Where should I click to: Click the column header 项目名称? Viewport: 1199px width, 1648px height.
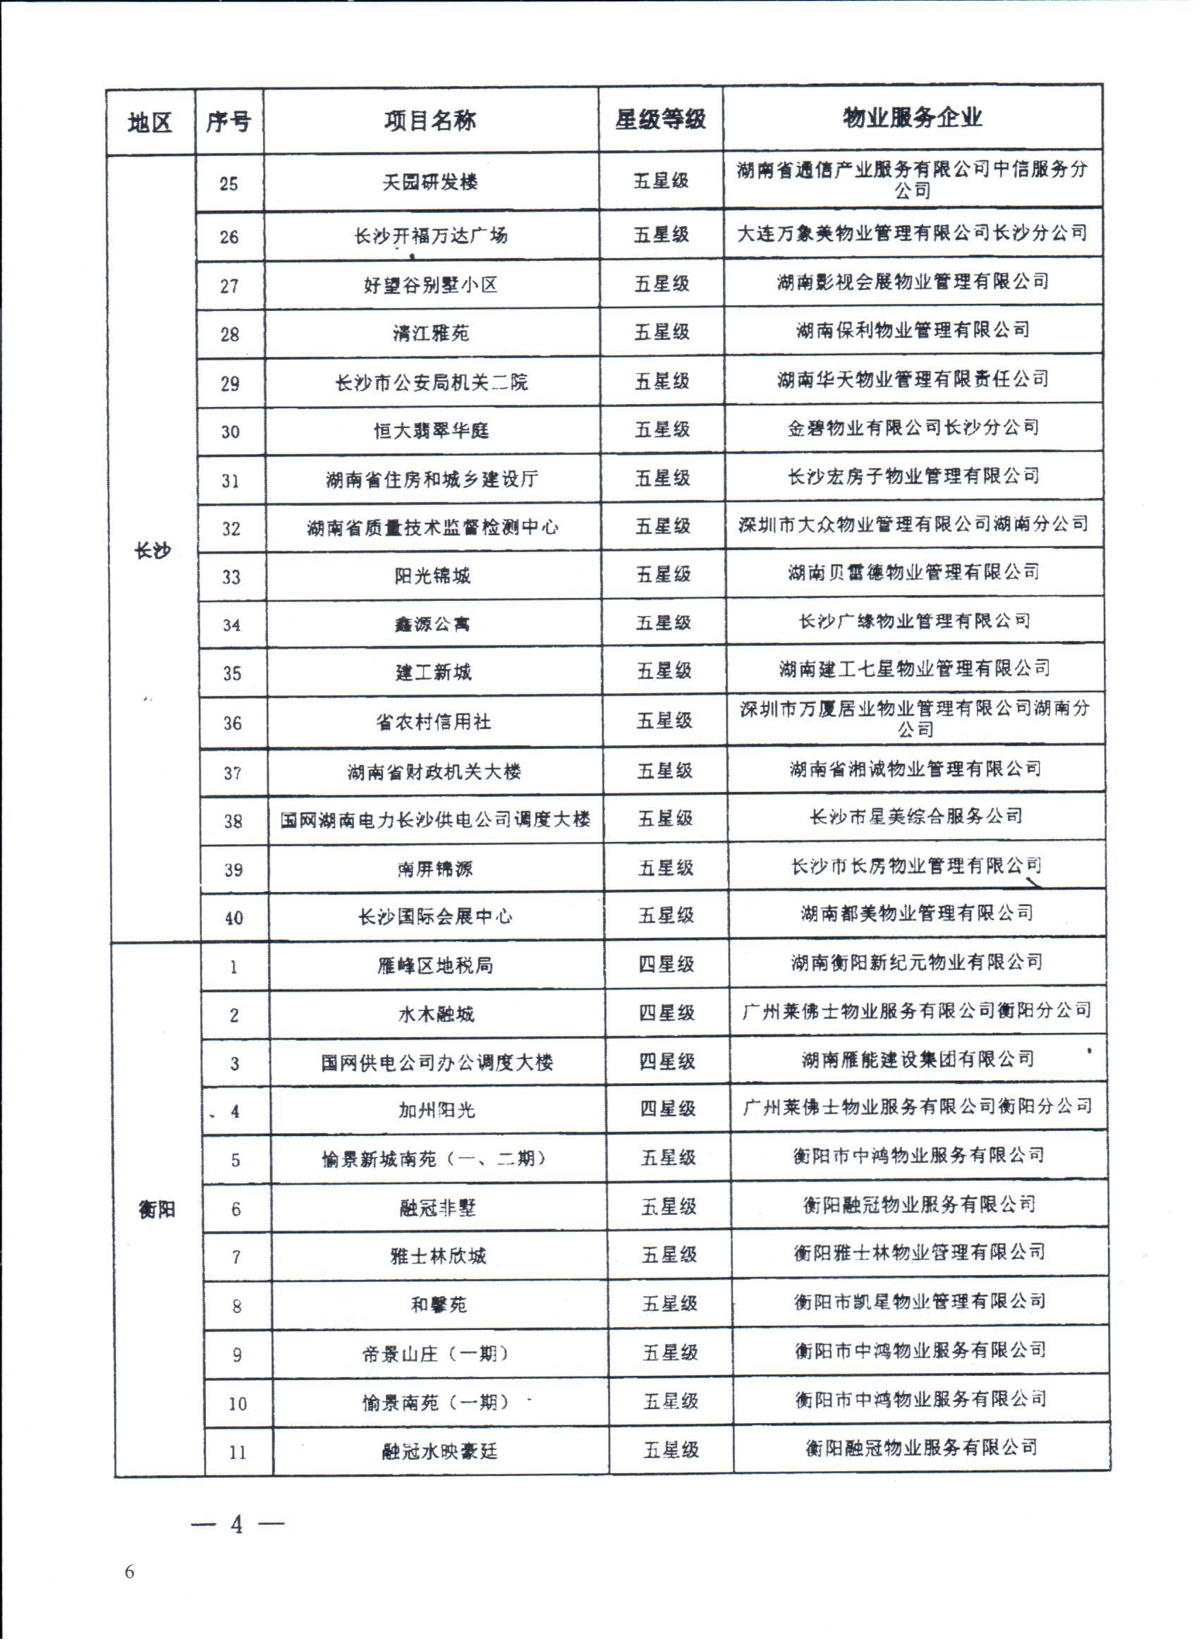click(x=430, y=121)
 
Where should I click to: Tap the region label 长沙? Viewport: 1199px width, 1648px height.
click(x=152, y=551)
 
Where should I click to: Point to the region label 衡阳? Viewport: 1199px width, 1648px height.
click(x=157, y=1210)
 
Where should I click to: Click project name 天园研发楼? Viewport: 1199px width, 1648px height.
click(x=430, y=183)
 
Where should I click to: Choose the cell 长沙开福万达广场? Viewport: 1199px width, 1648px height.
click(x=431, y=236)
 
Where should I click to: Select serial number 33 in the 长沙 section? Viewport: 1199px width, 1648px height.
click(x=231, y=577)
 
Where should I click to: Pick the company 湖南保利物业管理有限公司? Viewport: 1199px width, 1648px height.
click(x=913, y=331)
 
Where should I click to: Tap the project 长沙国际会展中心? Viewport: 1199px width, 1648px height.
click(x=434, y=917)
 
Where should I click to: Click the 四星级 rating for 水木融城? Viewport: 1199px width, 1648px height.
click(x=667, y=1013)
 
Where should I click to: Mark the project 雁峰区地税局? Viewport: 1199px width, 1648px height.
click(x=435, y=965)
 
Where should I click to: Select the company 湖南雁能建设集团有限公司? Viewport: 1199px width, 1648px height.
click(x=918, y=1059)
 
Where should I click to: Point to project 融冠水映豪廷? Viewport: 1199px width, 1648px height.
click(x=439, y=1452)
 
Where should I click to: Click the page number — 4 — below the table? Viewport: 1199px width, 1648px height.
click(x=237, y=1525)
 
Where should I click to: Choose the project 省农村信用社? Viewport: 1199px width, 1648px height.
click(x=433, y=722)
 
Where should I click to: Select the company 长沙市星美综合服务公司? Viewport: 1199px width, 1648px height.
click(x=915, y=817)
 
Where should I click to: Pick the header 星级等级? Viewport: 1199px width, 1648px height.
click(x=660, y=120)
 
